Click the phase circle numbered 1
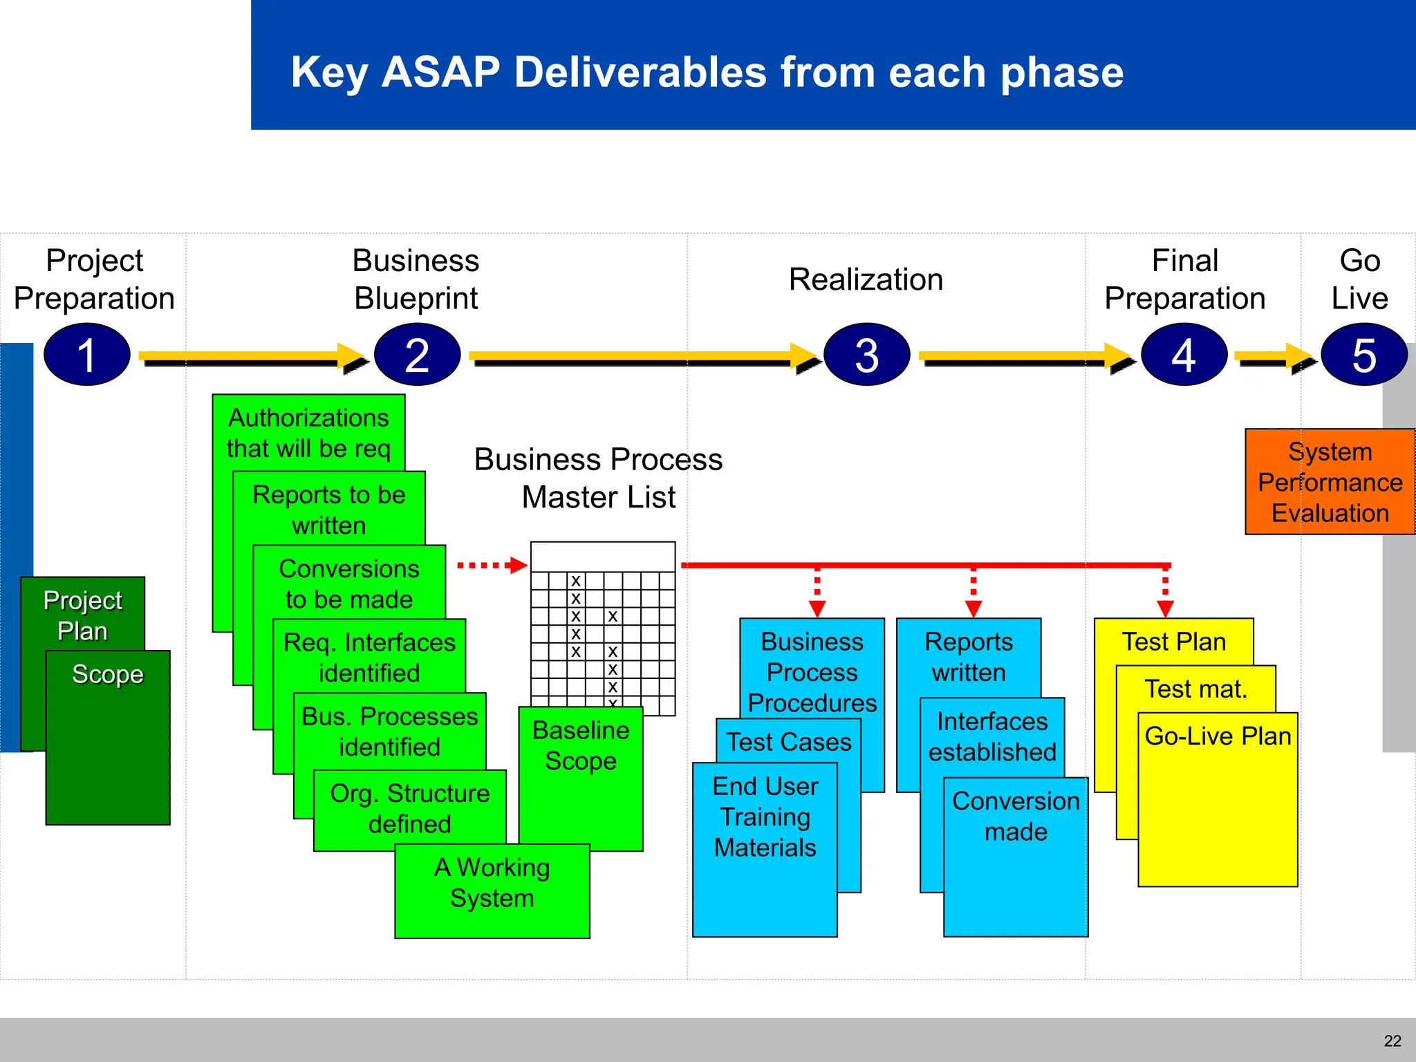(x=86, y=355)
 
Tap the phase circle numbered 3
(x=866, y=355)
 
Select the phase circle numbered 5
(x=1363, y=355)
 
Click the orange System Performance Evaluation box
(x=1330, y=482)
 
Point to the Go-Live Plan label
(x=1218, y=736)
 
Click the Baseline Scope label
(x=581, y=745)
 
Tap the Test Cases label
(x=789, y=741)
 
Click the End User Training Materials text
(x=765, y=817)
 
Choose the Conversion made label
(x=1016, y=816)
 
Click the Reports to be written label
(x=329, y=510)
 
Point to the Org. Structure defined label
(x=410, y=808)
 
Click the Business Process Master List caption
(x=598, y=478)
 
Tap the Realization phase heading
(x=866, y=279)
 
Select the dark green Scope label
(x=108, y=673)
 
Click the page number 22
(x=1392, y=1041)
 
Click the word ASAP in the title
(x=440, y=72)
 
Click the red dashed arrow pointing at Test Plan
(x=1166, y=591)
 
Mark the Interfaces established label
(x=992, y=736)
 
